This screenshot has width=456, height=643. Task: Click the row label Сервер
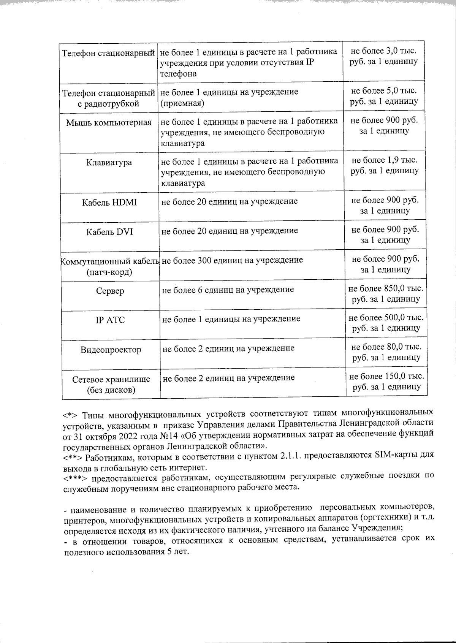(110, 291)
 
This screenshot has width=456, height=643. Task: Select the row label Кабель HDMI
(109, 202)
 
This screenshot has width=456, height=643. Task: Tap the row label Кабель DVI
(109, 232)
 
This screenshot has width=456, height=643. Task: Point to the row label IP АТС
(110, 320)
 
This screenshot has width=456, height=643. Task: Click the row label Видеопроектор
(111, 350)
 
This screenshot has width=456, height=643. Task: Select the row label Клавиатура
(109, 163)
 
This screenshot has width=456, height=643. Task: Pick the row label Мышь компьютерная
(109, 123)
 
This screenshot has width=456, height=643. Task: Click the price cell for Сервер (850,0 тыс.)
(386, 294)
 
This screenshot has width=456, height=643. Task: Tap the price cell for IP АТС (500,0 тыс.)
(386, 323)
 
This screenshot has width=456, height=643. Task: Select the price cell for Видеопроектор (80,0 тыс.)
(386, 352)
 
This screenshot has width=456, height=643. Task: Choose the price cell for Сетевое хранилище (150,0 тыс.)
(386, 382)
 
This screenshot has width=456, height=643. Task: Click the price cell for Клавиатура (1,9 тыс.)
(385, 165)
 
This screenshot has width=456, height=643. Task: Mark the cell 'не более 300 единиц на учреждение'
(232, 260)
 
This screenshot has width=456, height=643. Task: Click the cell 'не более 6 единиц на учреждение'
(228, 290)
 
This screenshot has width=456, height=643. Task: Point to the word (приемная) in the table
(182, 103)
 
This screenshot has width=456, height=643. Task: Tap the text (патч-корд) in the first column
(109, 272)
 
